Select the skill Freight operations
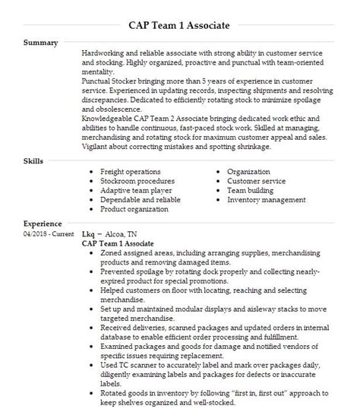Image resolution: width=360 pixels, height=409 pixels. click(x=131, y=172)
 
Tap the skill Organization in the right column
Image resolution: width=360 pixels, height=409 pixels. click(x=249, y=172)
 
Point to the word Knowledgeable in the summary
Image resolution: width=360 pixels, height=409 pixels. click(x=107, y=118)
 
